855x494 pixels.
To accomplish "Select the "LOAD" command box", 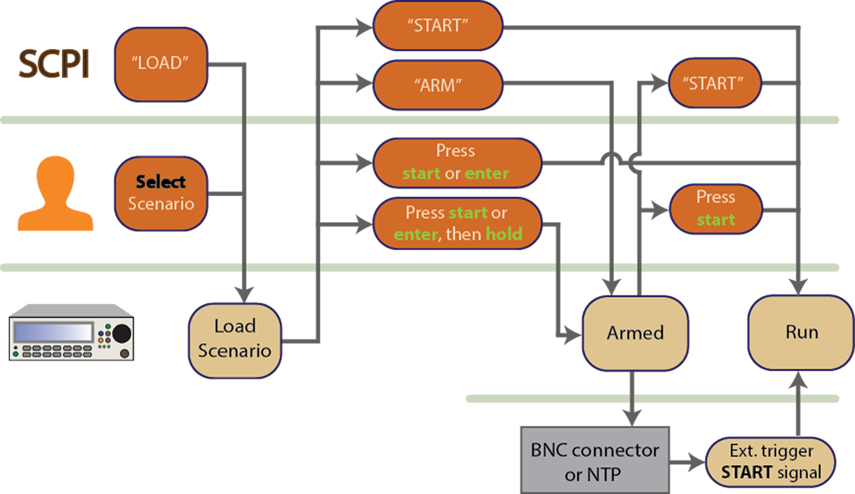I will (x=160, y=64).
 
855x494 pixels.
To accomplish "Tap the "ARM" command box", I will (x=438, y=85).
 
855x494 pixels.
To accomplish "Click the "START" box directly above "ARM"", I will (x=438, y=26).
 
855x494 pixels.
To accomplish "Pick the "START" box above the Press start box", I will (x=712, y=84).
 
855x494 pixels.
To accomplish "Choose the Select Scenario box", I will (x=161, y=192).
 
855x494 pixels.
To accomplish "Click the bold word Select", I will (x=161, y=182).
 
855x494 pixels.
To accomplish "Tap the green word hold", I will (x=503, y=235).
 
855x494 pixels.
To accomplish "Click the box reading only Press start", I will (x=715, y=209).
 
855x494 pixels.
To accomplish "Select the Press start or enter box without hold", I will (x=455, y=163).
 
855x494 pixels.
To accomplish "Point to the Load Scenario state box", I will (x=234, y=339).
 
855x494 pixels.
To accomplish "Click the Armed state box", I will (x=635, y=333).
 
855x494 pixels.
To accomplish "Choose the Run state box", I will (x=802, y=333).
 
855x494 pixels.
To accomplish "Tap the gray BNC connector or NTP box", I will (x=595, y=462).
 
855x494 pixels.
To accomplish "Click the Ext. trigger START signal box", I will (x=771, y=462).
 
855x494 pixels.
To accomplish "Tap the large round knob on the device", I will (x=121, y=333).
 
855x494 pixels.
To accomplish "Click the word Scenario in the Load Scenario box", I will (x=234, y=351).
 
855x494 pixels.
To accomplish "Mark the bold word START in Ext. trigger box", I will (x=746, y=473).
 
